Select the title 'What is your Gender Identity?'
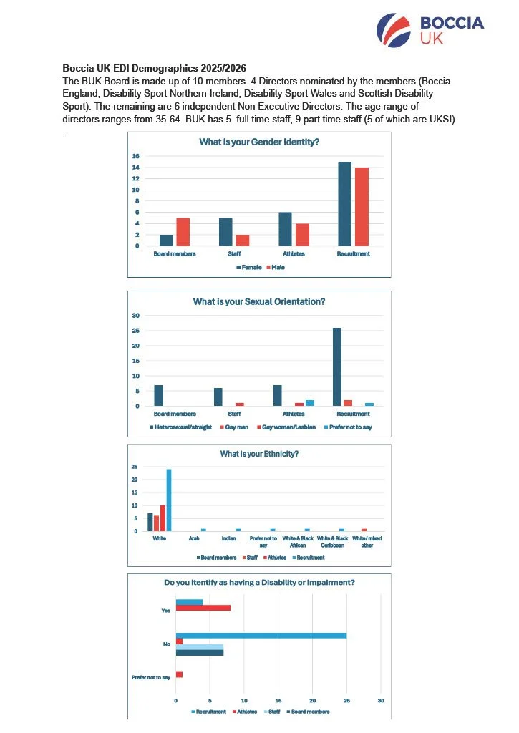click(x=258, y=142)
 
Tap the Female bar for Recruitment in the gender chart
click(x=345, y=204)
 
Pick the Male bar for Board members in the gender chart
click(x=183, y=232)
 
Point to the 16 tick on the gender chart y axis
click(x=136, y=156)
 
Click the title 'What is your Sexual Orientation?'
click(x=258, y=301)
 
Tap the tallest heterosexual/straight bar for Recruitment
click(x=337, y=366)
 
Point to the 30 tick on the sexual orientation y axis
click(x=135, y=316)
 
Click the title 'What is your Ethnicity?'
click(x=258, y=454)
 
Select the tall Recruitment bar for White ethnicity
click(x=169, y=500)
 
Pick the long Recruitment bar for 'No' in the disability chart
click(x=261, y=636)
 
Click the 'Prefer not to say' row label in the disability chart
click(x=151, y=677)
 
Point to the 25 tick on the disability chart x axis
click(x=346, y=699)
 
